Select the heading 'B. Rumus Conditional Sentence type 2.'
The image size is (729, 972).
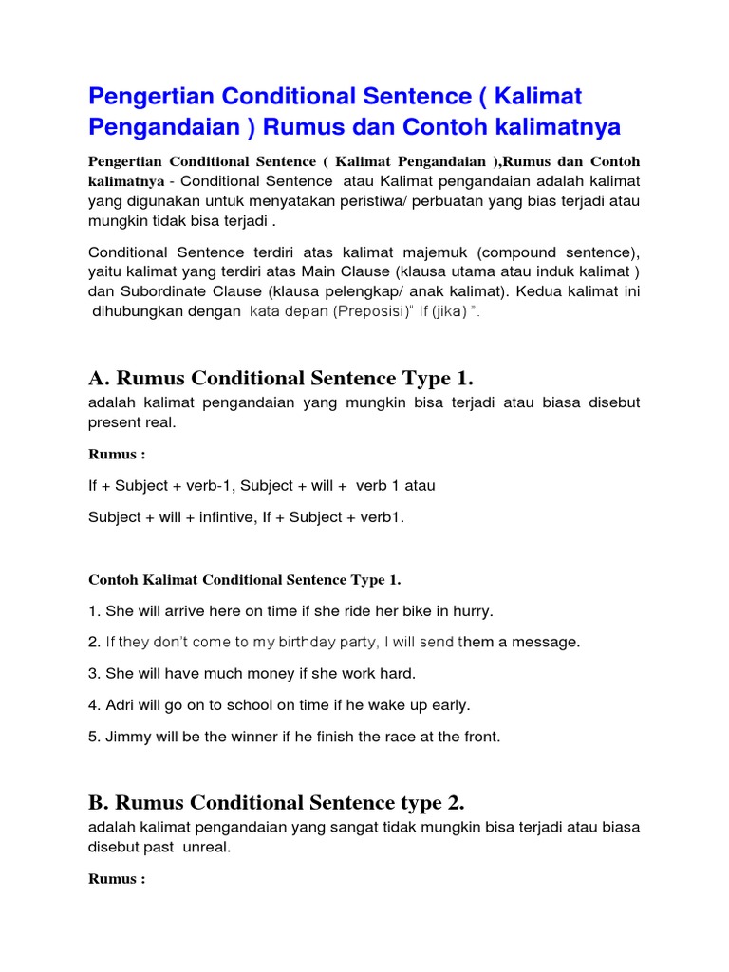click(x=276, y=803)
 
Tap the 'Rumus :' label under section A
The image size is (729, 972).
click(x=117, y=455)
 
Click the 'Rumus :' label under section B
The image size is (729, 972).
click(x=117, y=879)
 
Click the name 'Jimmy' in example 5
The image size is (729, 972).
click(x=125, y=736)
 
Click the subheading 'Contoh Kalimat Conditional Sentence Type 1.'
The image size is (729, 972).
click(x=245, y=580)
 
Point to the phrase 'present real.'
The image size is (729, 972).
click(x=132, y=422)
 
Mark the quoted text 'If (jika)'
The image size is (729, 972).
click(x=441, y=312)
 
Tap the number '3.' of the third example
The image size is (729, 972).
click(x=95, y=673)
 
